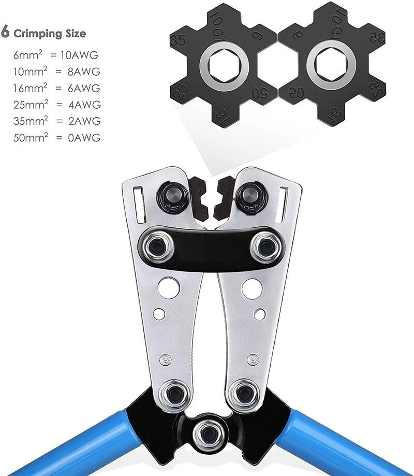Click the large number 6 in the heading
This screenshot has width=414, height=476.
(5, 32)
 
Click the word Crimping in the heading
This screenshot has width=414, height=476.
(38, 34)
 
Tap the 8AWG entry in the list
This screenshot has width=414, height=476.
(84, 71)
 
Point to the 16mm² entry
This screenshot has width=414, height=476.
(31, 88)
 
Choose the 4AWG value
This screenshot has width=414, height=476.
(84, 105)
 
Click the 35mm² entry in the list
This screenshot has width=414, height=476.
(31, 121)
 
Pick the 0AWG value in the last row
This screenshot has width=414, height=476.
(84, 138)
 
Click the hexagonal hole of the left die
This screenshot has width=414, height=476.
(225, 66)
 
